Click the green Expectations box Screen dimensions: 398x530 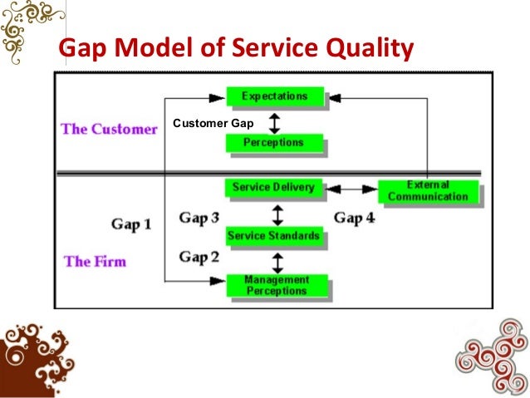tap(274, 96)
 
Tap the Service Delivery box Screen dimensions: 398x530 tap(273, 188)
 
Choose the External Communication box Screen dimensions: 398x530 tap(428, 191)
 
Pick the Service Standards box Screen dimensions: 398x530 tap(273, 236)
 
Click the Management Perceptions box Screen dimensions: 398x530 tap(276, 285)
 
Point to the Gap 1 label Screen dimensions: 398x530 tap(131, 224)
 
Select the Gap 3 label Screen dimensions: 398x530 tap(199, 218)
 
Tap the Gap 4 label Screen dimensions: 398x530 tap(355, 218)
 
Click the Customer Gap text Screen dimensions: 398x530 tap(213, 125)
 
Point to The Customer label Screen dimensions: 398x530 tap(109, 130)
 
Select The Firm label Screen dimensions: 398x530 tap(95, 261)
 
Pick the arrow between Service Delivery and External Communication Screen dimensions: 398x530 tap(351, 189)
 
